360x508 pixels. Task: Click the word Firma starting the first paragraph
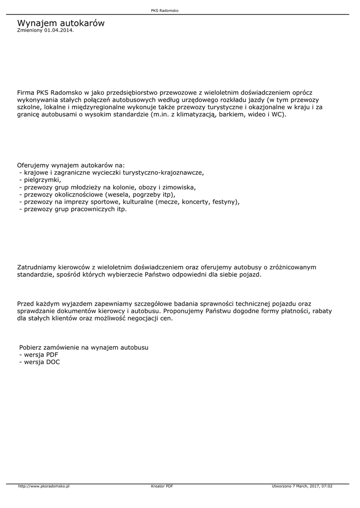click(25, 92)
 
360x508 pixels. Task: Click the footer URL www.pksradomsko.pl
click(44, 486)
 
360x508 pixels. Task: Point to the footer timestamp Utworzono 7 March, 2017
click(302, 486)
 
